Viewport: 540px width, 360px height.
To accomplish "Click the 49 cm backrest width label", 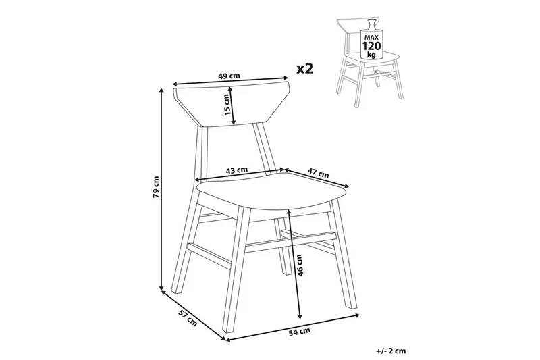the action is pos(229,76).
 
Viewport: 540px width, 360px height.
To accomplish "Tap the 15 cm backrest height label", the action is pos(227,105).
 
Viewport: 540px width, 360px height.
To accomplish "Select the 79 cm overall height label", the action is pos(156,186).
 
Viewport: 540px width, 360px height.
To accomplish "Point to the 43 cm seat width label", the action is pos(237,170).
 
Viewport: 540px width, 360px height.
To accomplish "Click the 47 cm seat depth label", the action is pos(318,174).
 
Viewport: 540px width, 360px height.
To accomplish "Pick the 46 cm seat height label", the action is pos(299,265).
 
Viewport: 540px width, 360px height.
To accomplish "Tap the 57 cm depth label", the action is pos(188,317).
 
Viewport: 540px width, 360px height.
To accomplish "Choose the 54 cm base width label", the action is pos(299,332).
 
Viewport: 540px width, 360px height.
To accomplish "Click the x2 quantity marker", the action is pos(305,68).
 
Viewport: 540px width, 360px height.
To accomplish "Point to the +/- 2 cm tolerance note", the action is pos(391,351).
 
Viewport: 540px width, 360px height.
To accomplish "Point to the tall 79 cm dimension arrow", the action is pos(161,189).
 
